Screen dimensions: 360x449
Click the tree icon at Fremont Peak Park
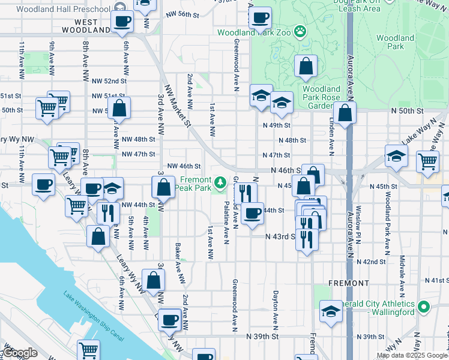(221, 181)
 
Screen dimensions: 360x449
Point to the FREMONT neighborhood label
(349, 283)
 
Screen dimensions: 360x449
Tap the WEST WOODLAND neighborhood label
(88, 26)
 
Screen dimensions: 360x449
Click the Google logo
(20, 353)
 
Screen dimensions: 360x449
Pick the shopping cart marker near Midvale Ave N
(427, 160)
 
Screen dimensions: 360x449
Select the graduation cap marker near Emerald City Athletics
(330, 311)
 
